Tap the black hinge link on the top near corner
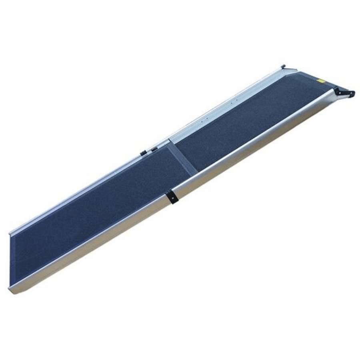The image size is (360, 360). coord(344,92)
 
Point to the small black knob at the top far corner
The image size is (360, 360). coord(283,66)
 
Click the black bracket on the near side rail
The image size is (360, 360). coord(173,197)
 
